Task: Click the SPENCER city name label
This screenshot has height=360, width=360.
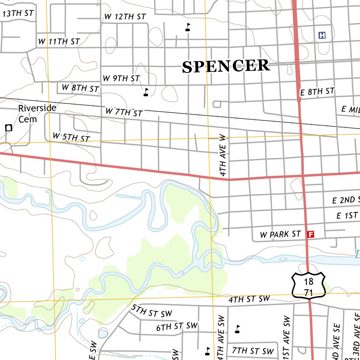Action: point(226,66)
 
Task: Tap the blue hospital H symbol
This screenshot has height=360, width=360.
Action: point(322,35)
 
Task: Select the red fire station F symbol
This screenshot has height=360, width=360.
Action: point(310,234)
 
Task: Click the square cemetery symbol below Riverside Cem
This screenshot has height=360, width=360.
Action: point(8,128)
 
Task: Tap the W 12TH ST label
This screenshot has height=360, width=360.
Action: point(125,17)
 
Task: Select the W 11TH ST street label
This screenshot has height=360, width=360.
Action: point(59,41)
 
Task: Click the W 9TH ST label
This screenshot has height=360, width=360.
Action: point(121,78)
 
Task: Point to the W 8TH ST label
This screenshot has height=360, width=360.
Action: point(81,88)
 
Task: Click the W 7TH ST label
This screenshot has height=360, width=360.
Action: point(124,112)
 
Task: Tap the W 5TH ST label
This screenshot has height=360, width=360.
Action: point(71,137)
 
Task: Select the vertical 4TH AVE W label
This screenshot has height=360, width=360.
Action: point(223,155)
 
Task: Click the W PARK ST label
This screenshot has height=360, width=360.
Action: point(281,234)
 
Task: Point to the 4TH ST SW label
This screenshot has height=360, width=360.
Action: point(249,300)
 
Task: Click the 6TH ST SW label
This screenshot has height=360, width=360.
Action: point(177,327)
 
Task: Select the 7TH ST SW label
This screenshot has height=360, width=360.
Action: point(253,351)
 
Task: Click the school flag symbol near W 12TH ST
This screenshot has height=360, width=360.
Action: point(188,27)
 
